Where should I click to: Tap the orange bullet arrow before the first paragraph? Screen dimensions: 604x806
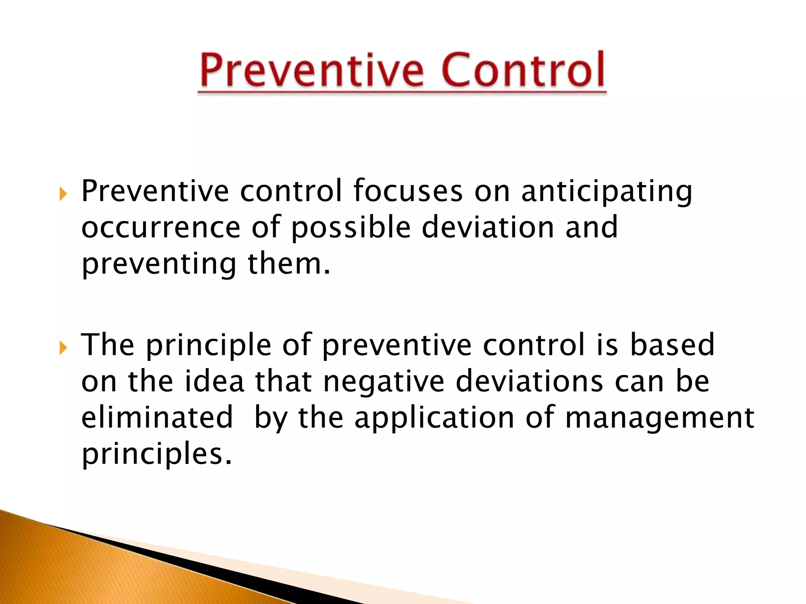point(63,194)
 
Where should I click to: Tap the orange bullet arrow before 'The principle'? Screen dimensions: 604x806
point(63,348)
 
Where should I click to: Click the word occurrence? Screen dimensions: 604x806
point(161,228)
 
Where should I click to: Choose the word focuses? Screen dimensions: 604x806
point(408,191)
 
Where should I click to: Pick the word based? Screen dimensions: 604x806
point(672,345)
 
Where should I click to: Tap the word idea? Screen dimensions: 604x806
point(214,381)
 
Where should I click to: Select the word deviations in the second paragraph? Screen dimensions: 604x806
point(529,381)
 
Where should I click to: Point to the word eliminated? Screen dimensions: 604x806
point(157,418)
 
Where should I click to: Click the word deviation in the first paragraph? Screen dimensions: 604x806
point(488,228)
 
